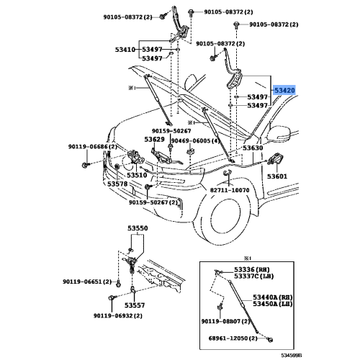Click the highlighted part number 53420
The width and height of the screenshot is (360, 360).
284,90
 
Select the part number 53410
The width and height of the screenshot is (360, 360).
125,50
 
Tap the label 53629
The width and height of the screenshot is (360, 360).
154,139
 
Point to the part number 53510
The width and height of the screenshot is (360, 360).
137,175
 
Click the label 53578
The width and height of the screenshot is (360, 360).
117,184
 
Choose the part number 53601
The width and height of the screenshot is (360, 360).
277,176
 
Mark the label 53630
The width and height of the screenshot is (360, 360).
253,148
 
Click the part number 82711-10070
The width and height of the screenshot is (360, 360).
230,190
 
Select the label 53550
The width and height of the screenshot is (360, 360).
138,228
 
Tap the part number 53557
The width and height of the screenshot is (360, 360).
135,305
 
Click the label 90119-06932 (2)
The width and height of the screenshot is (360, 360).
118,315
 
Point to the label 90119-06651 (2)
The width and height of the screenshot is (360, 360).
87,282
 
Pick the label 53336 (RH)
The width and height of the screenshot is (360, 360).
252,270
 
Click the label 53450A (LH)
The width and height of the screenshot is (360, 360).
273,304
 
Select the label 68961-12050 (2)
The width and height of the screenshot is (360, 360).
233,338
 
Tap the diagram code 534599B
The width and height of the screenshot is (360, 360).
292,355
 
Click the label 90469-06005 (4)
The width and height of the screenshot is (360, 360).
196,140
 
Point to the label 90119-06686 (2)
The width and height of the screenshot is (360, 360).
93,147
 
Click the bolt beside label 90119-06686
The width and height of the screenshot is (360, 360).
86,165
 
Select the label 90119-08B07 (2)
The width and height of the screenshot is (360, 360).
225,321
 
